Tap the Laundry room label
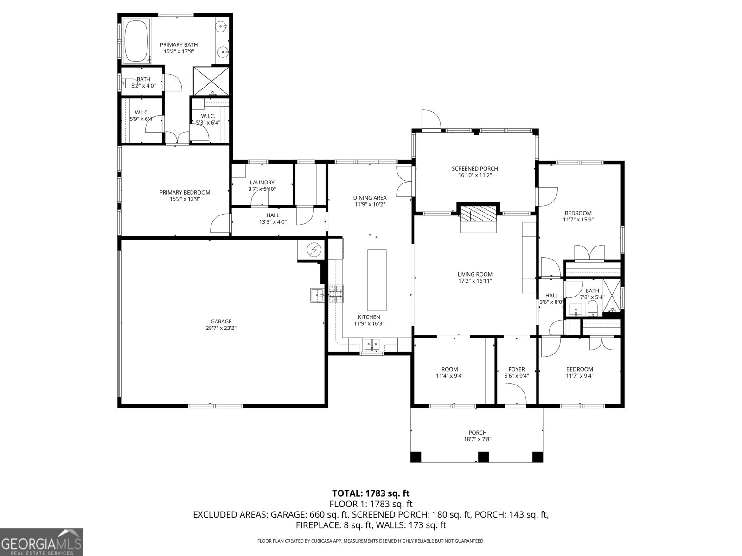262,183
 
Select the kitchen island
377,280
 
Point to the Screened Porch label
474,169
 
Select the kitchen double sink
372,344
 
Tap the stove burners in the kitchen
337,294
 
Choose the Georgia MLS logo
42,541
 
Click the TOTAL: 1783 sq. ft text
371,493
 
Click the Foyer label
516,369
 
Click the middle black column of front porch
483,457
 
